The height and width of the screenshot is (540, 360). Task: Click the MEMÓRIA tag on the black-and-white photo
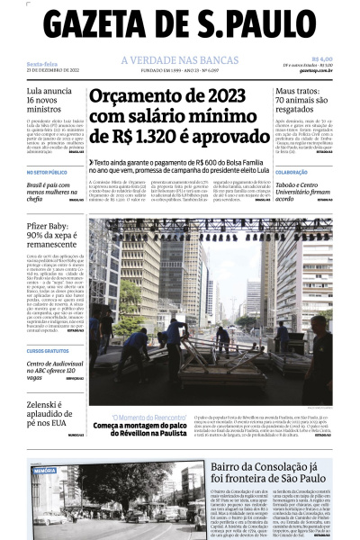point(44,470)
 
